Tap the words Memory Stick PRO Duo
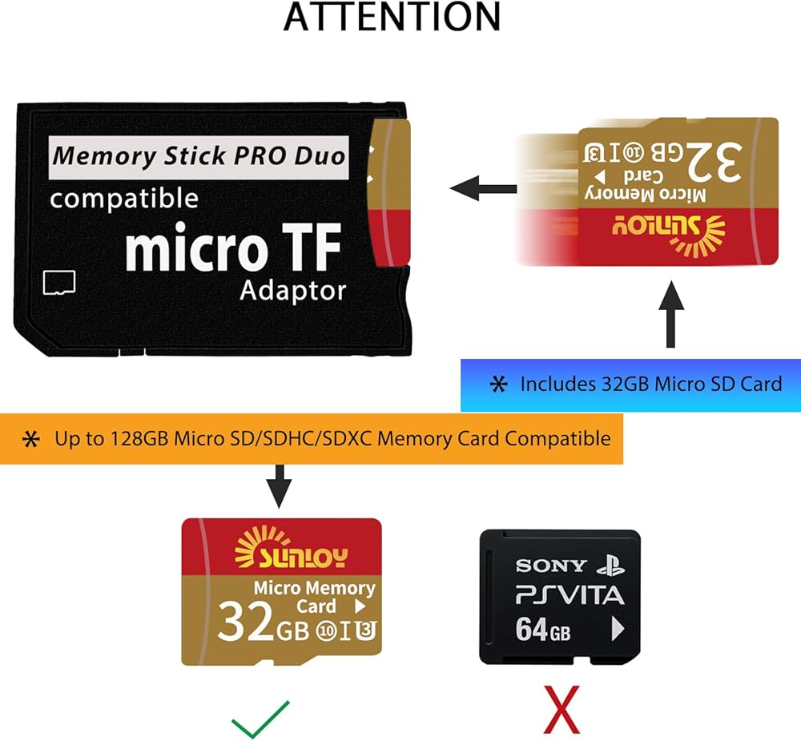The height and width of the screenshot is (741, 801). (x=199, y=156)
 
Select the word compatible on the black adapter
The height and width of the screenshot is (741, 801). (x=124, y=199)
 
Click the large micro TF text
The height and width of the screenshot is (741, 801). (x=233, y=248)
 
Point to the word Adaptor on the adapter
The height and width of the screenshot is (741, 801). (x=292, y=290)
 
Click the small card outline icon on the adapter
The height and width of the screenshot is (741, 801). (x=59, y=283)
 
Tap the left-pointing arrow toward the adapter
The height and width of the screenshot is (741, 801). (x=483, y=188)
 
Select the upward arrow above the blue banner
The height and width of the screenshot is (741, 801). (x=671, y=314)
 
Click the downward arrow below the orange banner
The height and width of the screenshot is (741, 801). (x=280, y=486)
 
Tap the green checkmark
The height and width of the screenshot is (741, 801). (x=260, y=719)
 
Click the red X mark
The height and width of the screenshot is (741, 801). (x=562, y=711)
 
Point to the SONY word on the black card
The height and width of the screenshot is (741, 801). (x=551, y=566)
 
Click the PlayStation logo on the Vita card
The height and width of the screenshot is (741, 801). (x=610, y=566)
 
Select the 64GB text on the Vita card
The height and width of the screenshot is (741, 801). (x=543, y=629)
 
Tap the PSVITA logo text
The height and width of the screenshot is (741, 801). (x=570, y=596)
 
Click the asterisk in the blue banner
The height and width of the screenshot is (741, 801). (x=498, y=385)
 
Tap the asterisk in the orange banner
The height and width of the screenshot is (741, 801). (x=31, y=439)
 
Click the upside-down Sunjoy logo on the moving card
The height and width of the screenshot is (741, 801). (x=668, y=235)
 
